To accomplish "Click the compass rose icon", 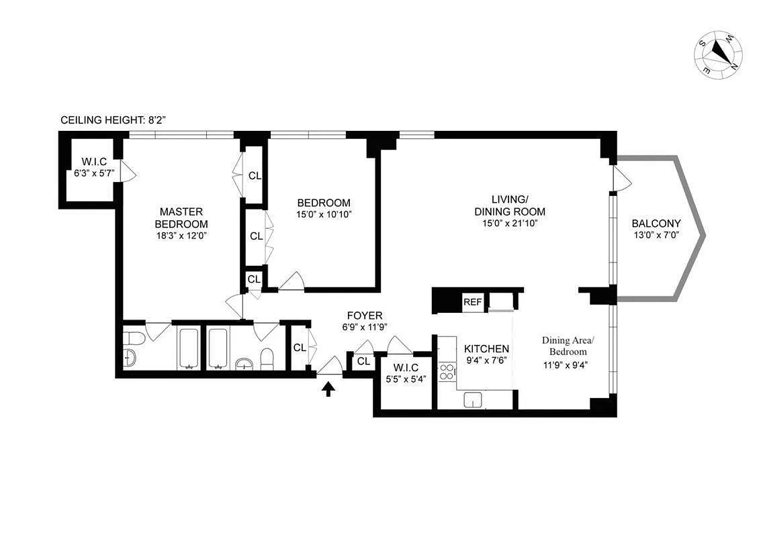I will (719, 54).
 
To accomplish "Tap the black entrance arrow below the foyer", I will (328, 389).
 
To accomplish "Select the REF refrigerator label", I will (472, 303).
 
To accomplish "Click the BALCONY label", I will (656, 224).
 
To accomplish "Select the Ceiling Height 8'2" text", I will (113, 120).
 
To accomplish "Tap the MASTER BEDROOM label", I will (181, 217).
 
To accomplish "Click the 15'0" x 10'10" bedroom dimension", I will (324, 215).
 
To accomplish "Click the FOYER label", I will (365, 315).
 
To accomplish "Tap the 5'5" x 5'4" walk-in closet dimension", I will (406, 379).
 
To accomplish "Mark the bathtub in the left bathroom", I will (189, 348).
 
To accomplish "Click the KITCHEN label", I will (486, 348).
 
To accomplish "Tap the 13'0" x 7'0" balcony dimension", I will (656, 236).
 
